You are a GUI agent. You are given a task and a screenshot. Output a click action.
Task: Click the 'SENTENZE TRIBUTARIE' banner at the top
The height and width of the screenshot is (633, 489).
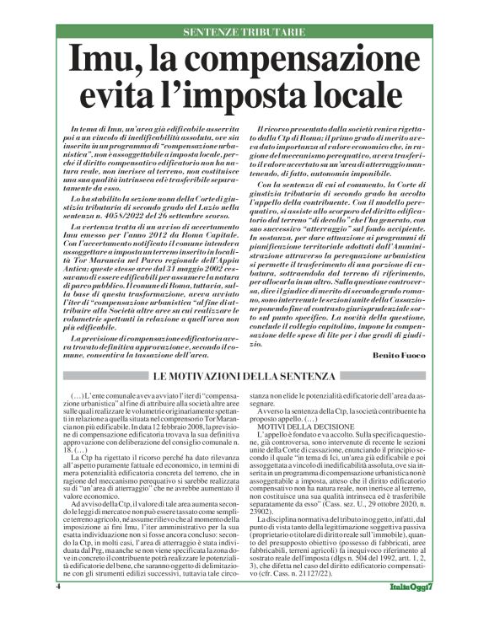[x=244, y=31]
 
